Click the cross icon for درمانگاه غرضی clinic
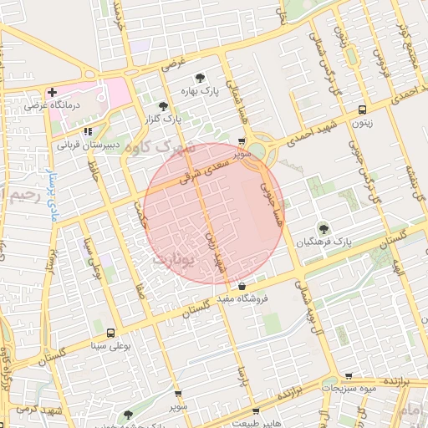pos(52,92)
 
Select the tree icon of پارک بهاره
pos(200,78)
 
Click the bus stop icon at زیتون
pos(362,110)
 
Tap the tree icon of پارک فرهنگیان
pos(323,227)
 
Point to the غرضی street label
pos(172,63)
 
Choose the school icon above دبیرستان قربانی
pos(89,131)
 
